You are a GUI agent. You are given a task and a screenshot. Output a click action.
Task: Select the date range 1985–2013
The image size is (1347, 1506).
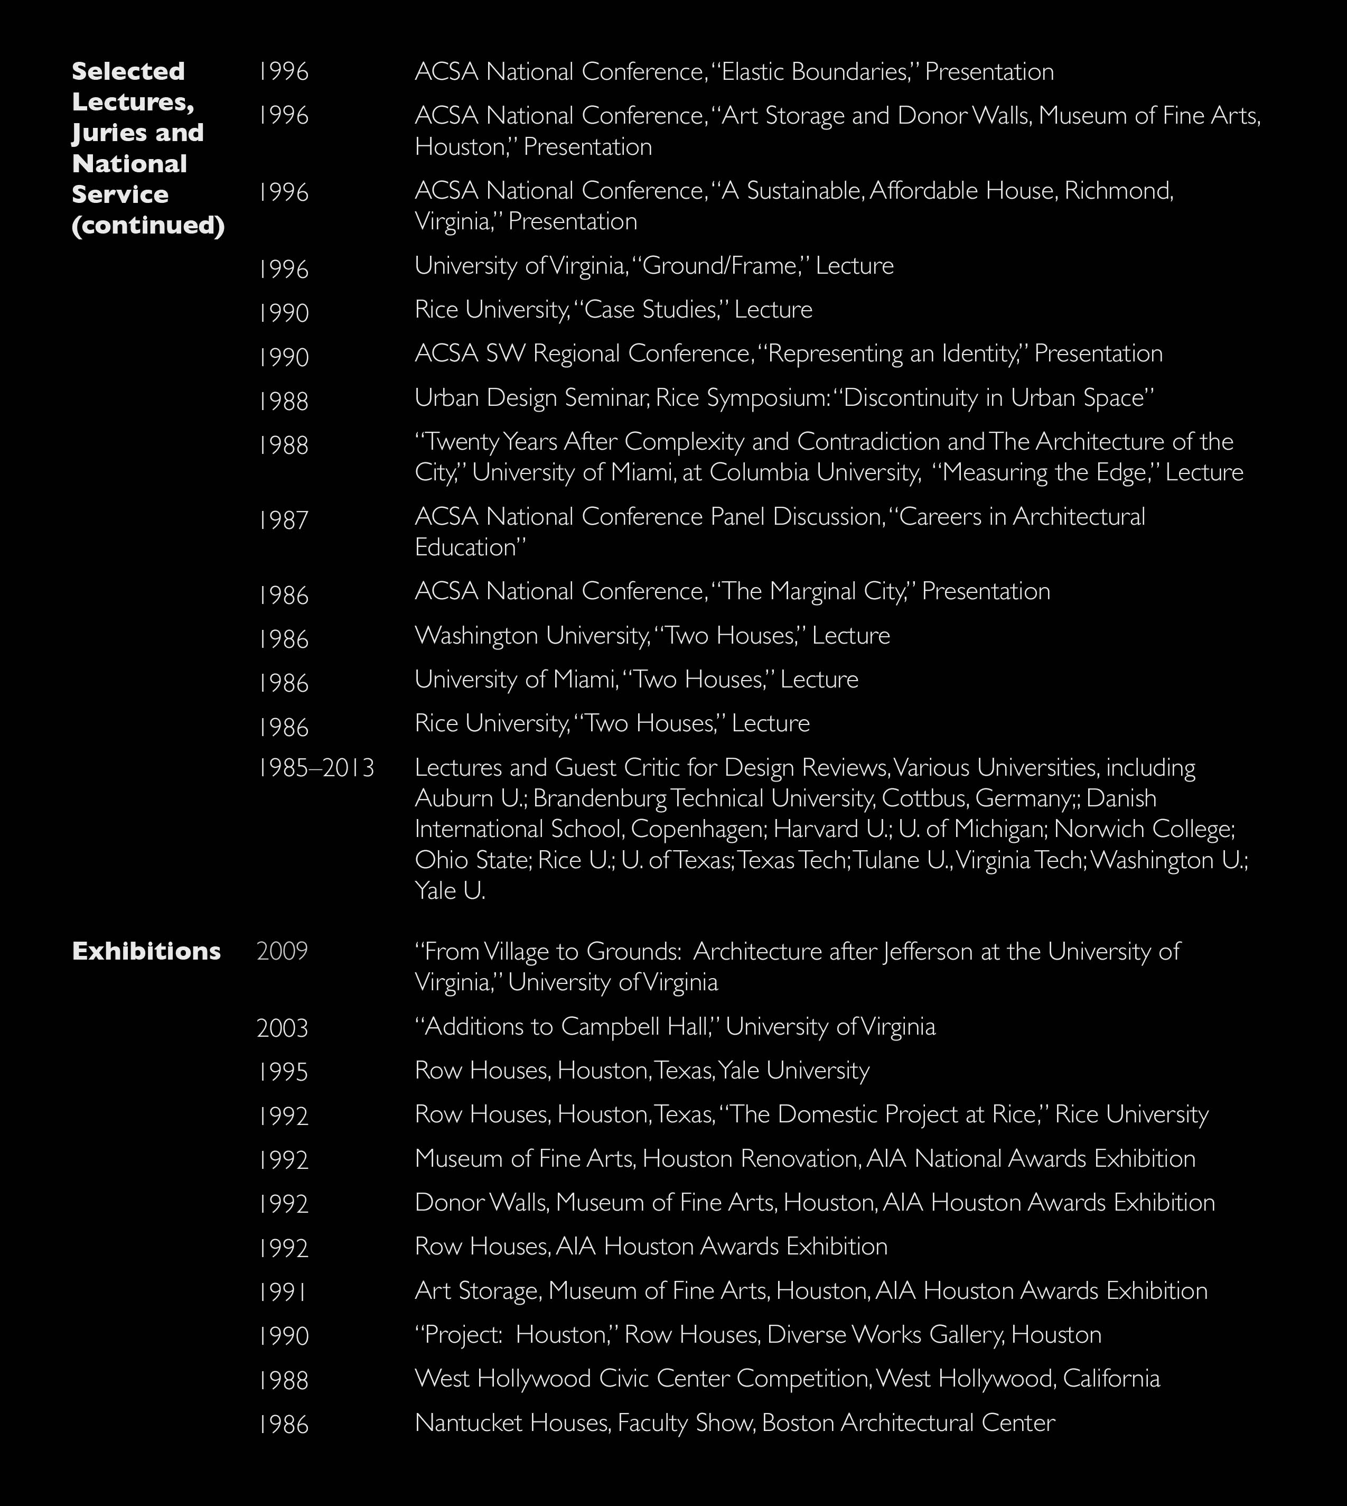(316, 768)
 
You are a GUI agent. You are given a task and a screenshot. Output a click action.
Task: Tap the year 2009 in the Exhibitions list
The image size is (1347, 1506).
(282, 952)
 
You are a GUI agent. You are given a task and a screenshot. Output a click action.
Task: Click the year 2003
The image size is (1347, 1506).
(282, 1028)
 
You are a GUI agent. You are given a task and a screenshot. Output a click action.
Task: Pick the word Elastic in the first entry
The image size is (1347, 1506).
(753, 72)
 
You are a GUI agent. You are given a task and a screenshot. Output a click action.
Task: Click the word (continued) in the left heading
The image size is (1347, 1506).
(148, 225)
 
